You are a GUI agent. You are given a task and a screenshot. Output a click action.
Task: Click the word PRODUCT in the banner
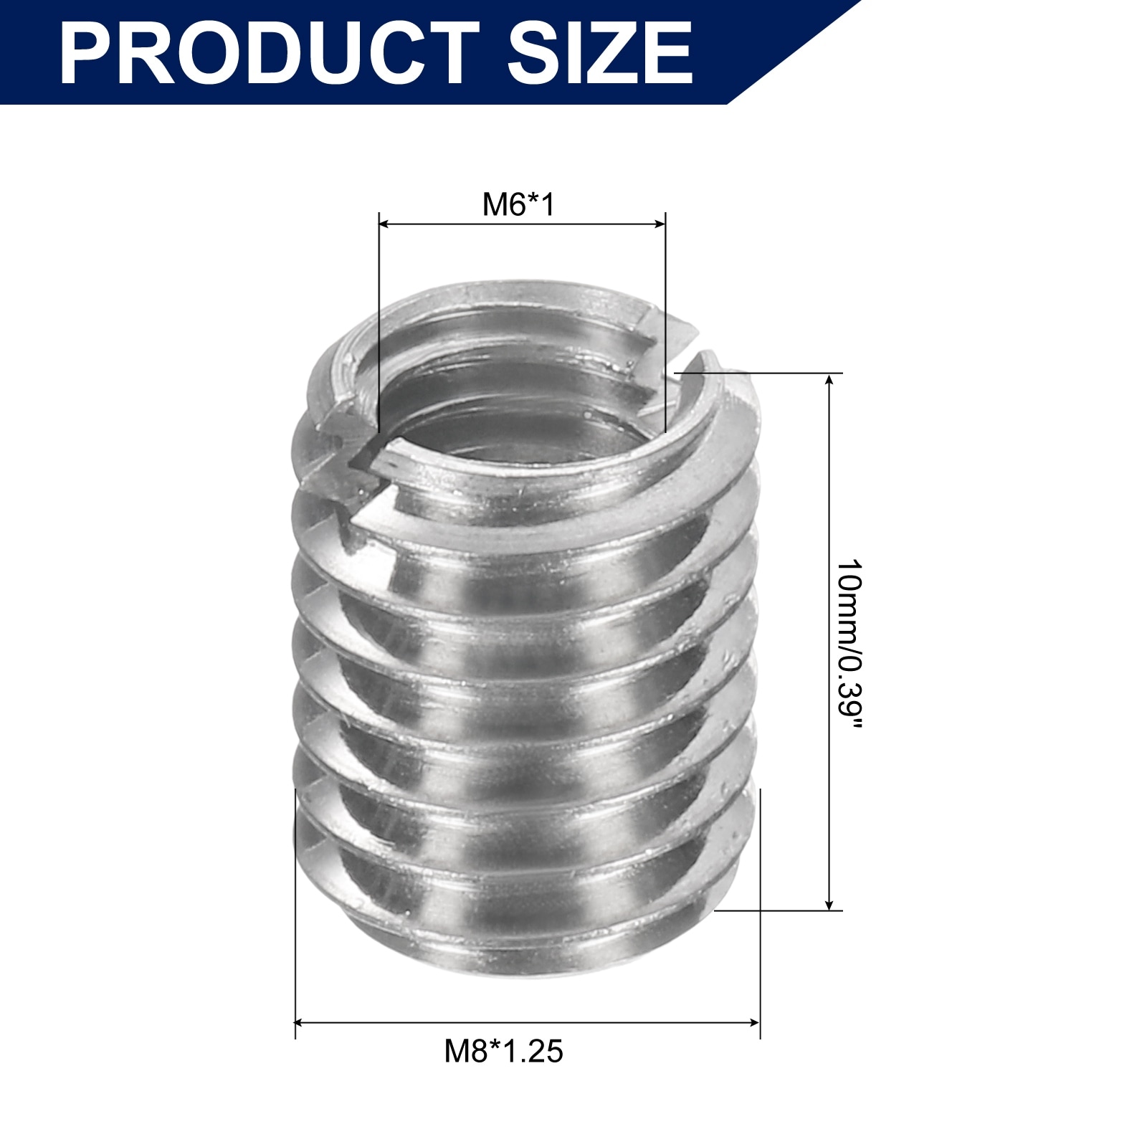[x=269, y=53]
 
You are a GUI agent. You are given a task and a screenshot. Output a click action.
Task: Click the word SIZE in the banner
[x=601, y=53]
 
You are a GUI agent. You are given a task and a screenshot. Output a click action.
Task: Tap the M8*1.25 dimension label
[x=504, y=1052]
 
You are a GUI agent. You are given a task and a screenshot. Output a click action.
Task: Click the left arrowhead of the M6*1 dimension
[x=384, y=224]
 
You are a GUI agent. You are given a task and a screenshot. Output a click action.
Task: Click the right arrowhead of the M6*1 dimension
[x=660, y=224]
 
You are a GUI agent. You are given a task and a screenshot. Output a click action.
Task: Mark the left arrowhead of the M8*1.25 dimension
[x=301, y=1023]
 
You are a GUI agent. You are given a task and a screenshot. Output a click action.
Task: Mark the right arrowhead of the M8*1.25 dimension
[x=753, y=1023]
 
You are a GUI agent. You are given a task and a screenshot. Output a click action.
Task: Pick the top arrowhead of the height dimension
[x=829, y=380]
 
